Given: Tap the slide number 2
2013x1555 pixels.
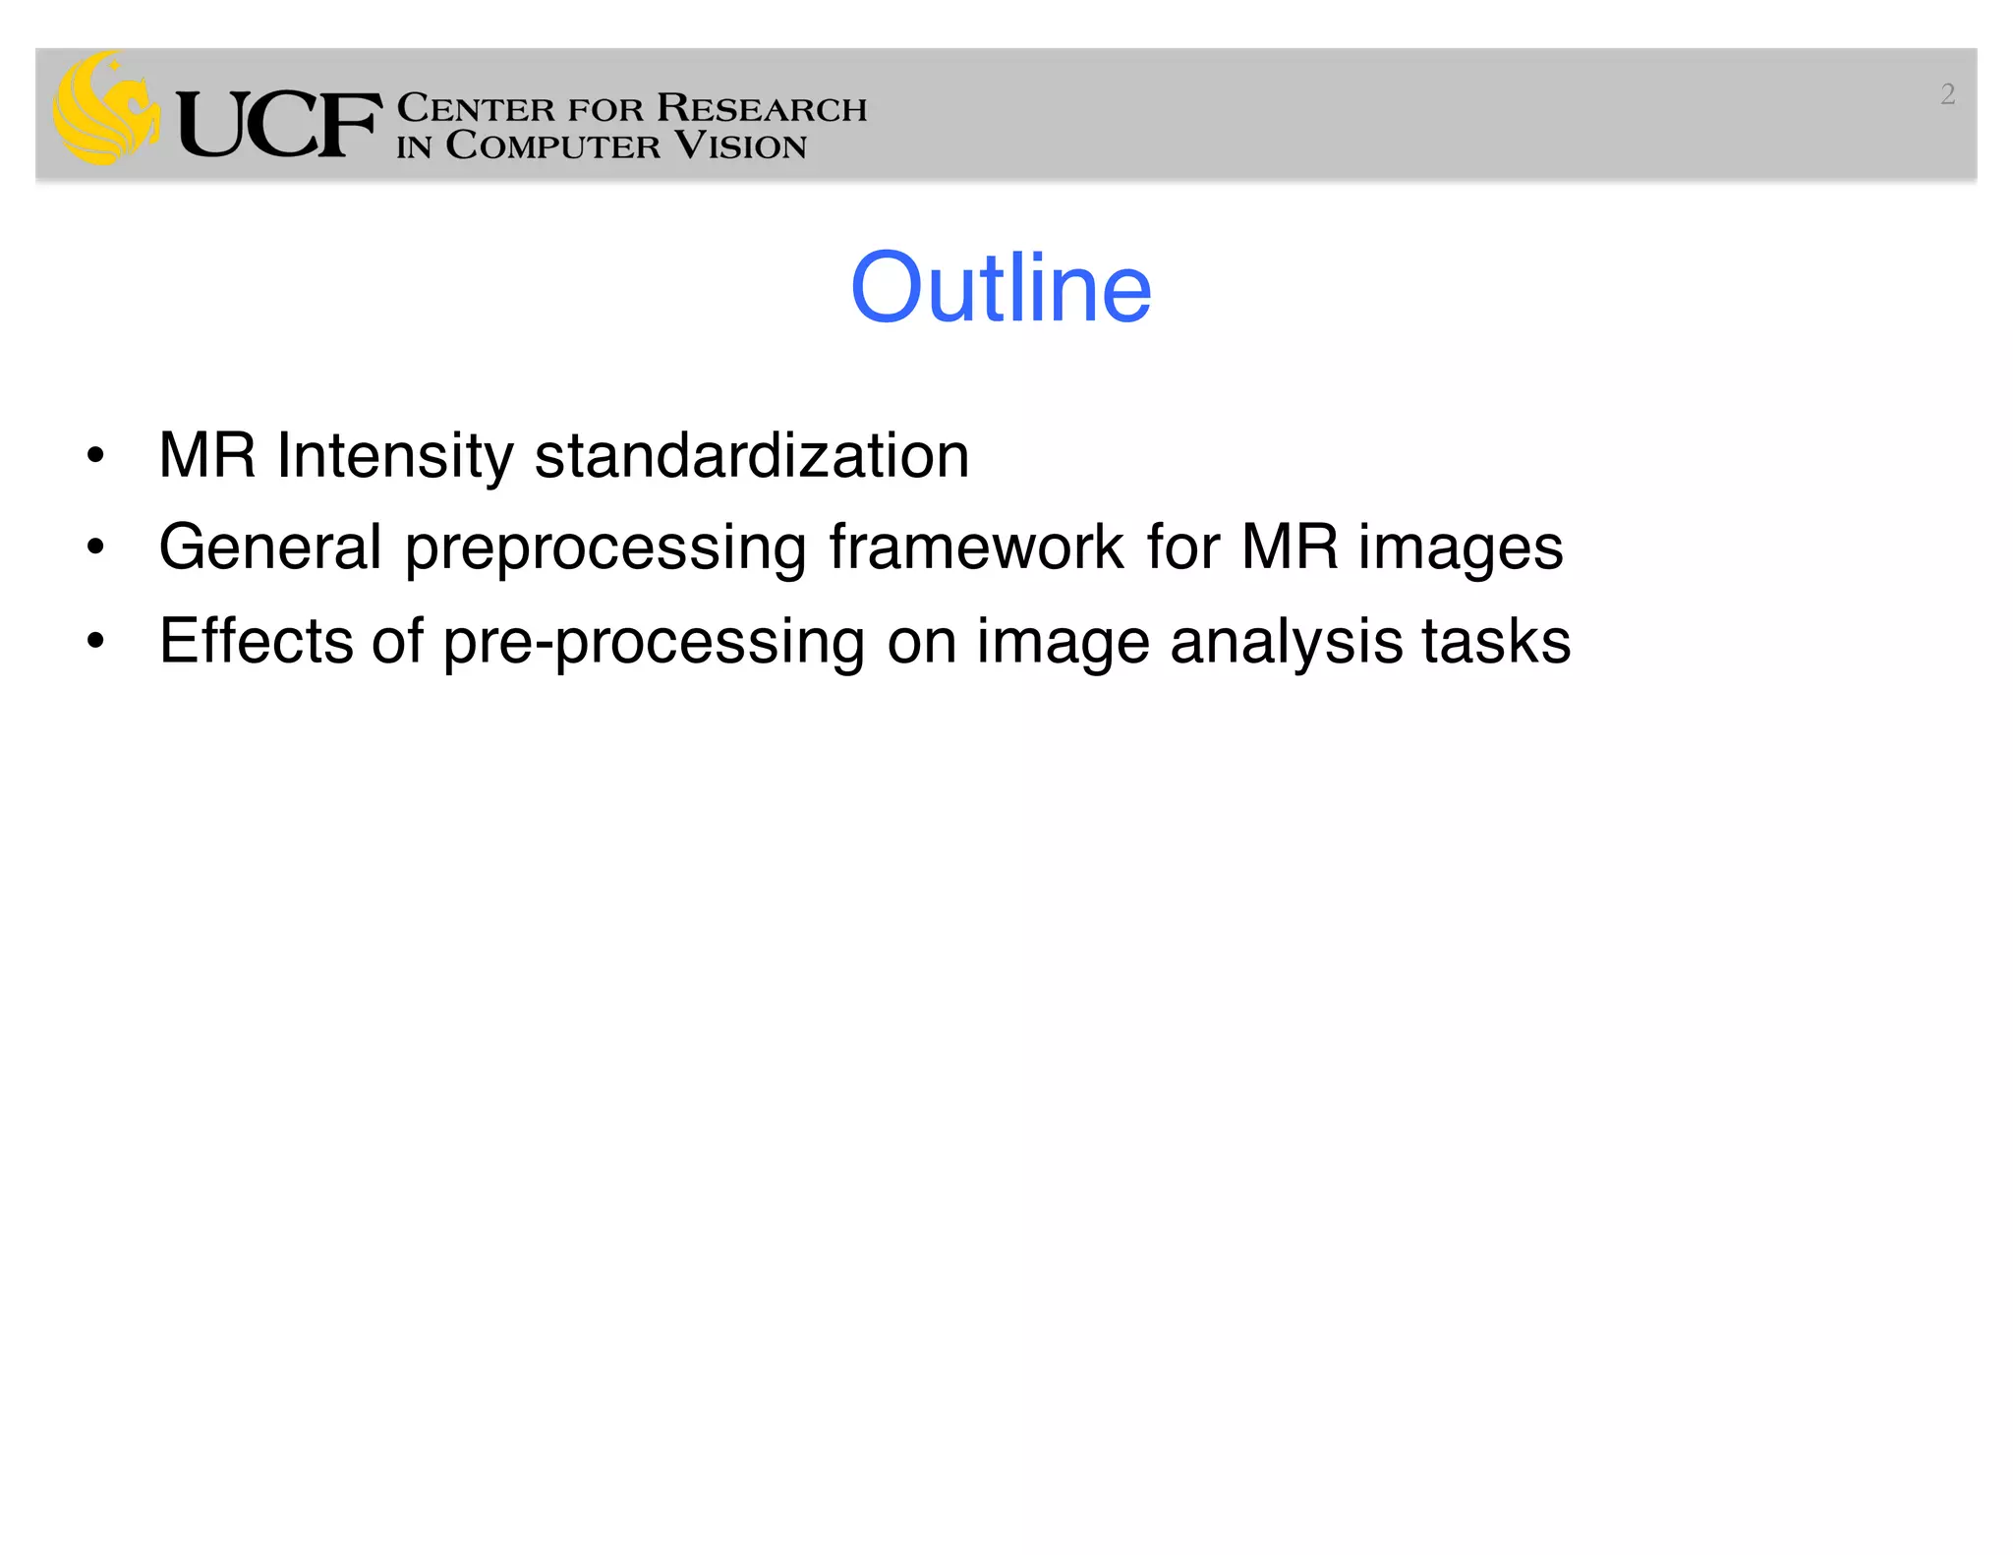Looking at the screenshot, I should point(1947,94).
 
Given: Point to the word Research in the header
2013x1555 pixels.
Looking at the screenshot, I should point(762,107).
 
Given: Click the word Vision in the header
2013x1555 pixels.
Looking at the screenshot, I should point(740,145).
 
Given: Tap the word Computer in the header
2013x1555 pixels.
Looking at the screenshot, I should point(552,145).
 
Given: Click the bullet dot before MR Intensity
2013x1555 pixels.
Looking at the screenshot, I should point(95,455).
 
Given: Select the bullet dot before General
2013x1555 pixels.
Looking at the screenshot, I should point(95,547).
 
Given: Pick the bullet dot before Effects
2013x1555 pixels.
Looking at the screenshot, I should point(95,641).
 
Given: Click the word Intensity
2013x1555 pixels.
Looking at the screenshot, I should point(394,457).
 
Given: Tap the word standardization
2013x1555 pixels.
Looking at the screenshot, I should point(752,455).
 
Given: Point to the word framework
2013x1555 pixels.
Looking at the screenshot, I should point(976,547).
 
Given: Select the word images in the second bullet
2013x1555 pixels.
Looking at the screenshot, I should point(1461,548).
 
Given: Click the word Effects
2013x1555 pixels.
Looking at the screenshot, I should point(255,641).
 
